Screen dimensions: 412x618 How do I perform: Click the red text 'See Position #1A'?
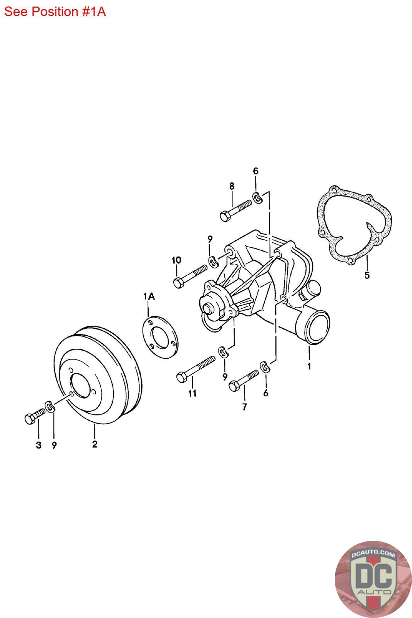click(55, 12)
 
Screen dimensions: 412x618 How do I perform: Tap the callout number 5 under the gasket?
click(367, 275)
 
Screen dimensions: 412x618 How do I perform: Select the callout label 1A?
click(149, 296)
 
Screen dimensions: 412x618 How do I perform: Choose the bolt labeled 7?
click(244, 380)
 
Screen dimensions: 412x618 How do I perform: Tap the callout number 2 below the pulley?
click(95, 444)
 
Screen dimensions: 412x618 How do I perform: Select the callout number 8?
click(232, 186)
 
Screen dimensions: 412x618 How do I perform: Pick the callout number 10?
click(176, 260)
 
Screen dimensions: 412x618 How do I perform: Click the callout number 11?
click(192, 394)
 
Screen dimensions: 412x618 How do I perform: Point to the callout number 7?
click(244, 406)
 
